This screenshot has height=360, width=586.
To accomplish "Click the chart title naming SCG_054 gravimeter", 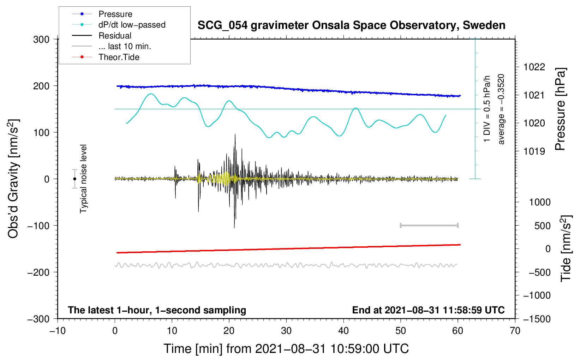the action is click(x=351, y=25).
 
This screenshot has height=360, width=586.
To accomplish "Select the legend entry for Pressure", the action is click(x=102, y=14).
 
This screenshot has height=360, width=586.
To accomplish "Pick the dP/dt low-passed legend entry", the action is click(x=119, y=25).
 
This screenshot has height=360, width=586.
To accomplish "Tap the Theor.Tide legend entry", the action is click(x=106, y=57).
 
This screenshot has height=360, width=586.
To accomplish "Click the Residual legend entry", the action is click(x=102, y=36).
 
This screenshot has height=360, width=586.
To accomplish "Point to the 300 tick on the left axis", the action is click(x=41, y=40).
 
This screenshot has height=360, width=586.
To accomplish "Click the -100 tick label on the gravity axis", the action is click(x=38, y=226).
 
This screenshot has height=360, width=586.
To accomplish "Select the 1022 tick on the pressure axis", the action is click(x=534, y=67).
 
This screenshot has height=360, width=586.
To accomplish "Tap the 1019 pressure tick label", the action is click(x=534, y=151).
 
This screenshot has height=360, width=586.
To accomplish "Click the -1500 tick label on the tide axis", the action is click(x=537, y=319).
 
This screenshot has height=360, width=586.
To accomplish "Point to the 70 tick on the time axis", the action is click(x=515, y=331).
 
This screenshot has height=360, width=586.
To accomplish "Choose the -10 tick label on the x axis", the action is click(x=58, y=331).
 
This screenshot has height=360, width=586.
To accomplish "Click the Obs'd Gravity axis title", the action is click(x=13, y=179).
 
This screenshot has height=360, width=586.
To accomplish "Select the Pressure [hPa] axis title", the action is click(x=560, y=109).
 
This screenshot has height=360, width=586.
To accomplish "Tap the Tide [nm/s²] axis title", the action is click(x=566, y=248).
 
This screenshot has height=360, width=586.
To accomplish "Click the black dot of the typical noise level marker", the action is click(x=74, y=179).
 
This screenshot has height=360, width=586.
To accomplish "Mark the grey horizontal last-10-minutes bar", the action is click(x=429, y=225).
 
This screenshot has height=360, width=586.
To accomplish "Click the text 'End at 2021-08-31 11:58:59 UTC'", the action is click(x=428, y=310).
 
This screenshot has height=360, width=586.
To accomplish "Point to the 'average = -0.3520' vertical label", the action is click(x=501, y=109).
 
